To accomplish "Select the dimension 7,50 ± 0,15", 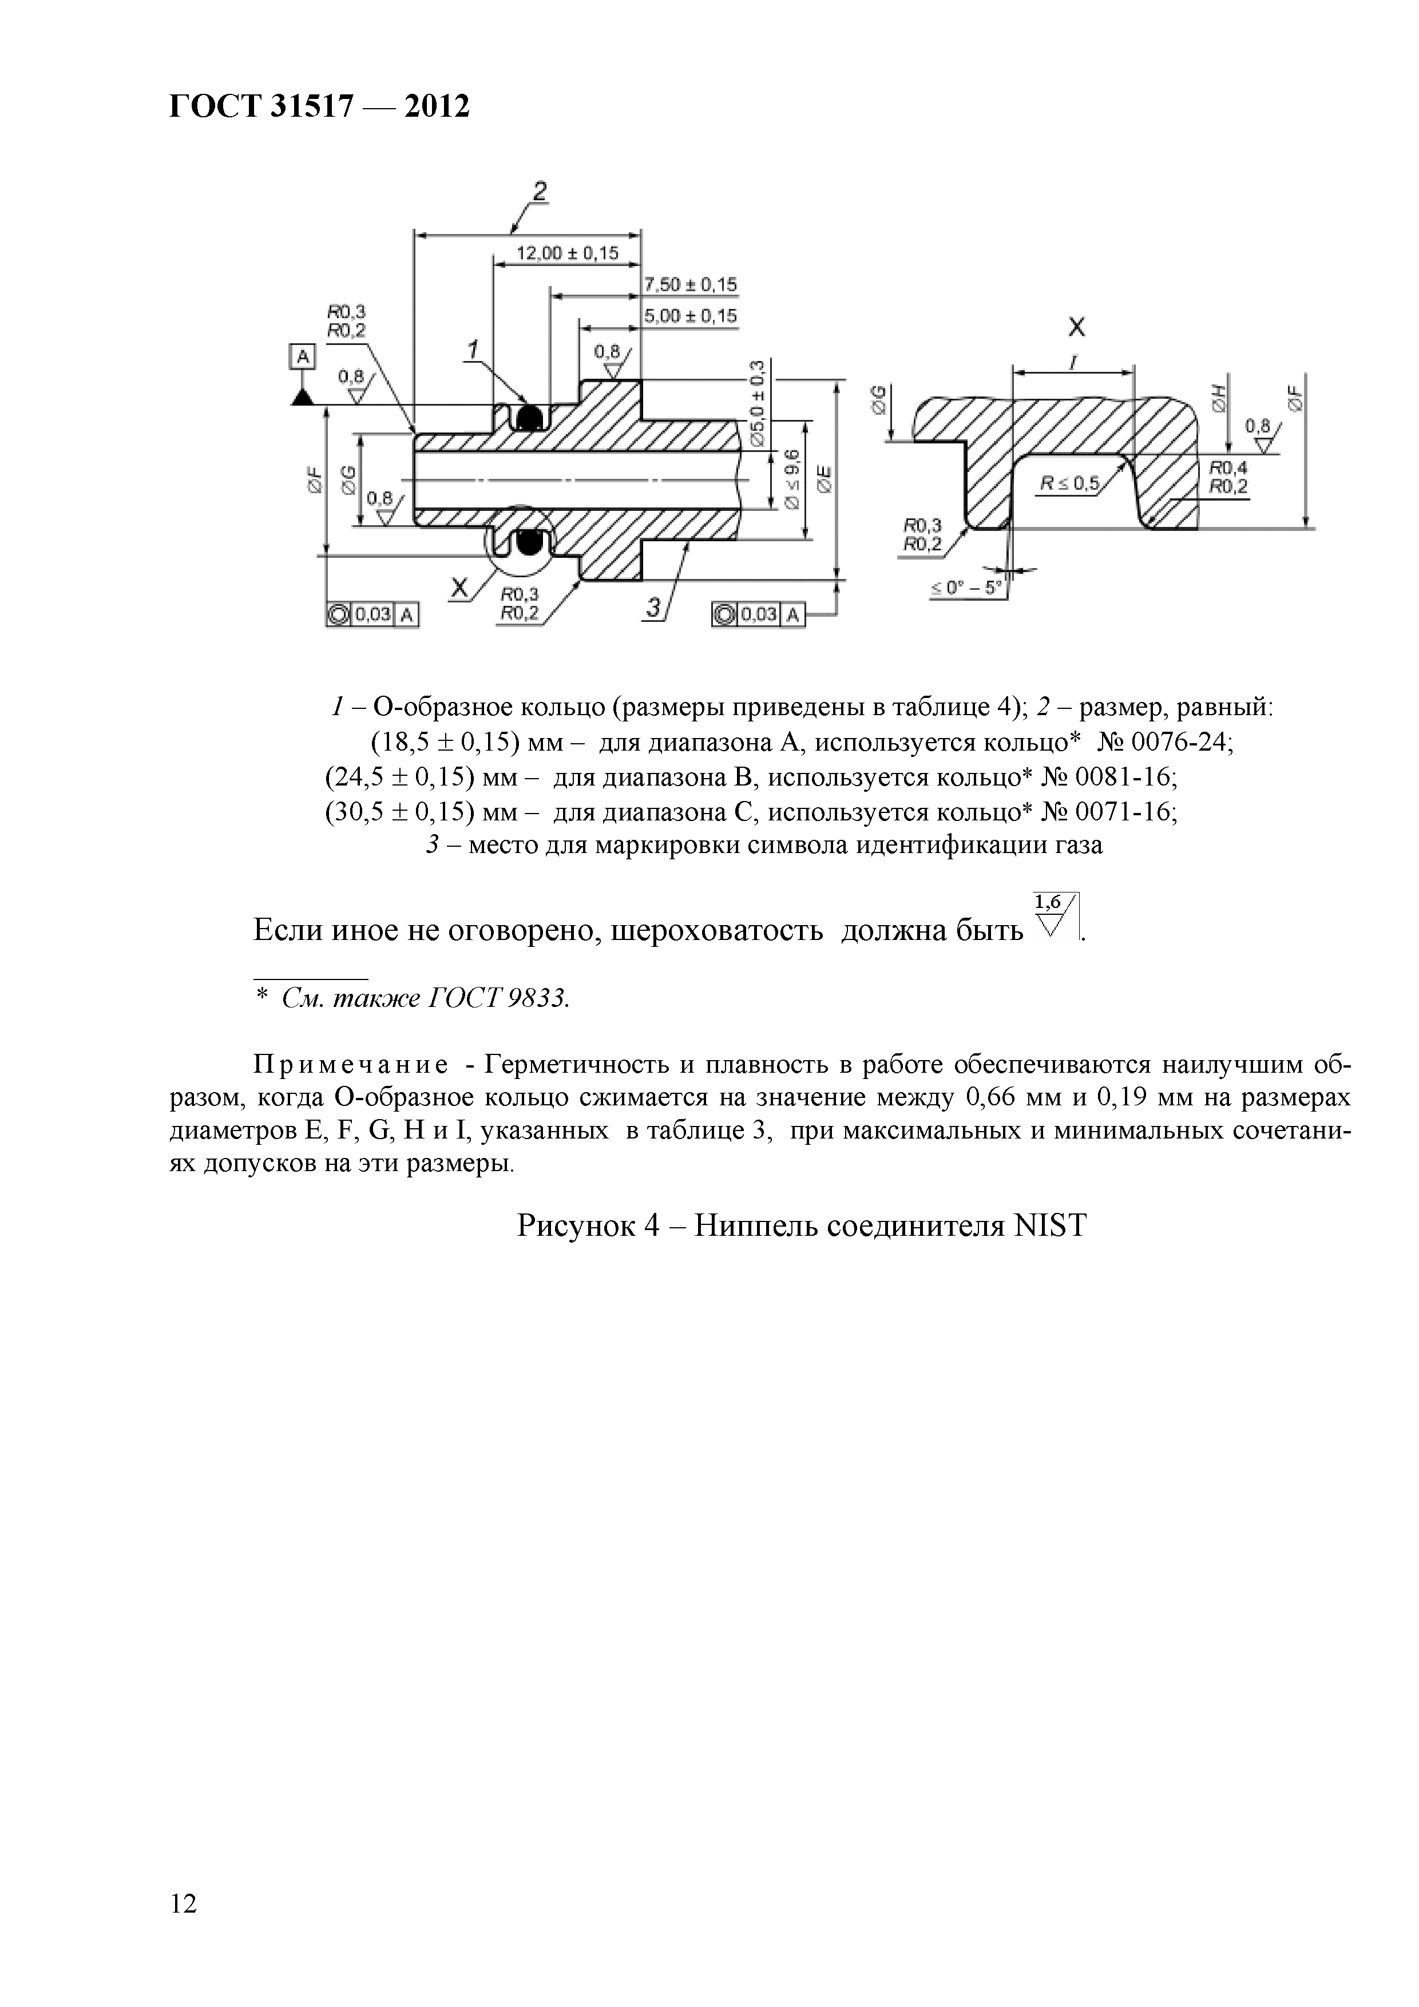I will coord(691,285).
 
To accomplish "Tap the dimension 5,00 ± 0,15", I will coord(691,316).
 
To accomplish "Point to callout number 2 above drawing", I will coord(540,192).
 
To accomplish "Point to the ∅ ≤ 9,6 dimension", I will coord(791,478).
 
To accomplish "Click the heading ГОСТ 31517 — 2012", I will coord(319,106).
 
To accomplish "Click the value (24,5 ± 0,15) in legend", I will coord(399,777).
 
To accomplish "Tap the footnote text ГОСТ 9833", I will coord(497,998).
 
